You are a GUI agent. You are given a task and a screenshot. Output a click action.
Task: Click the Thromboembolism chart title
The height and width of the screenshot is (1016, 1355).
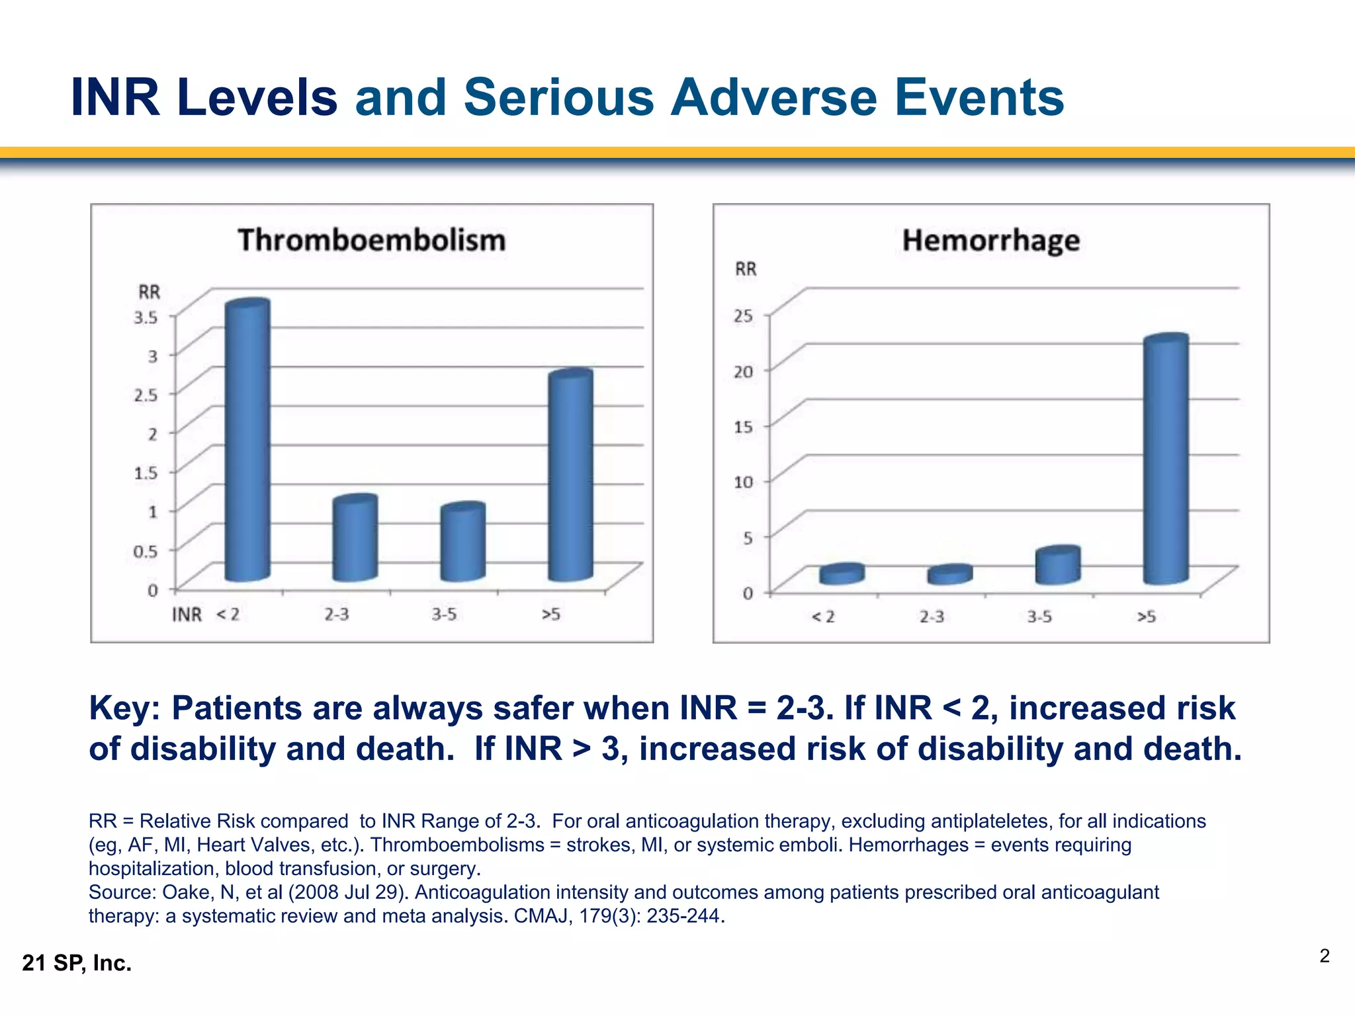[372, 239]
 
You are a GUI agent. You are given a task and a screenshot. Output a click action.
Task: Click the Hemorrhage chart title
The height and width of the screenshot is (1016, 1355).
[990, 240]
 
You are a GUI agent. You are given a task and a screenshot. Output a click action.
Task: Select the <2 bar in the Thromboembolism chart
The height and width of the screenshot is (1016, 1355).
[247, 440]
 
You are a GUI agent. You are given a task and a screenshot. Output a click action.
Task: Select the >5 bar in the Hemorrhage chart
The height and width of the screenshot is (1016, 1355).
[1166, 459]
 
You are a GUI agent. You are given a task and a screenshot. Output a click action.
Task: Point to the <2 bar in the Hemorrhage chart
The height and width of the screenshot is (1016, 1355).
[842, 573]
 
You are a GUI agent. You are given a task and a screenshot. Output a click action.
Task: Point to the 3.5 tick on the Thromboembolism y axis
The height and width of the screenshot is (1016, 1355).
[146, 317]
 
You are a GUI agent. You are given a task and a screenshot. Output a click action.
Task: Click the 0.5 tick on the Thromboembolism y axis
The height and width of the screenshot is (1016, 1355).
[146, 551]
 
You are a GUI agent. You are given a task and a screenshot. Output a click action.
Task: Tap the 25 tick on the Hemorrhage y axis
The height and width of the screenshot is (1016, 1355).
[743, 316]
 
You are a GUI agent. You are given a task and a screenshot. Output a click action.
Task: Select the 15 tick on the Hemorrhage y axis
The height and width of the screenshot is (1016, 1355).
[743, 427]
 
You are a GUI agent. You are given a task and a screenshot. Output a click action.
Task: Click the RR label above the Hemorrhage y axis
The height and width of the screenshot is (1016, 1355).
[746, 269]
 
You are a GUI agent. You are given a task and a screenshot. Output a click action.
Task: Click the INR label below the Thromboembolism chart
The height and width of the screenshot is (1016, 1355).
[187, 614]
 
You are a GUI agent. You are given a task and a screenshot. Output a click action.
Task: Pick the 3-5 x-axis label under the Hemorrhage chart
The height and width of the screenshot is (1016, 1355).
[1039, 616]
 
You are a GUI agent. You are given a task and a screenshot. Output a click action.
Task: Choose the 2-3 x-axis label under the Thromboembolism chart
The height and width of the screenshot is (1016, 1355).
[337, 614]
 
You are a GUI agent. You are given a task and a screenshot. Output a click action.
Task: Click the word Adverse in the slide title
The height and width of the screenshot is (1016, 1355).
[773, 97]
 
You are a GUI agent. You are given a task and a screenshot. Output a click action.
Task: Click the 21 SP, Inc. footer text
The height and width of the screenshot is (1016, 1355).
[77, 963]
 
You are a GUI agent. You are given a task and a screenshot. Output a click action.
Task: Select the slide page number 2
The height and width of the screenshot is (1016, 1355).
[1324, 956]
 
